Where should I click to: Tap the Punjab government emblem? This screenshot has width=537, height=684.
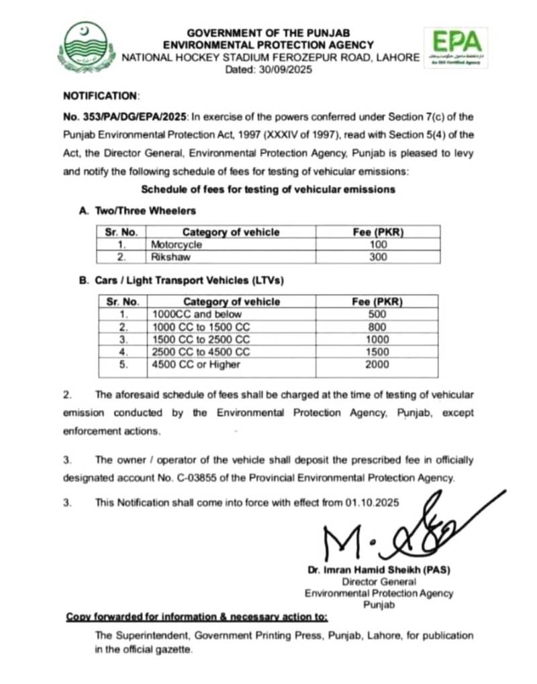tap(85, 48)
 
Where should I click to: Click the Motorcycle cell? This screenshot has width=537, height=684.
tap(177, 245)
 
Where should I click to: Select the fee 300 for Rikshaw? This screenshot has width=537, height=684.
tap(378, 257)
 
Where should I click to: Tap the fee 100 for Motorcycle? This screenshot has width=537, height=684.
tap(378, 245)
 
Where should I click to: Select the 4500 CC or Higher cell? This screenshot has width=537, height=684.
tap(196, 364)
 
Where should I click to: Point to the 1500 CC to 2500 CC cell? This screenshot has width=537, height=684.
tap(201, 339)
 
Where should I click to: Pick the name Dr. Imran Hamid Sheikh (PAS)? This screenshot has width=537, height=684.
tap(379, 570)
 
